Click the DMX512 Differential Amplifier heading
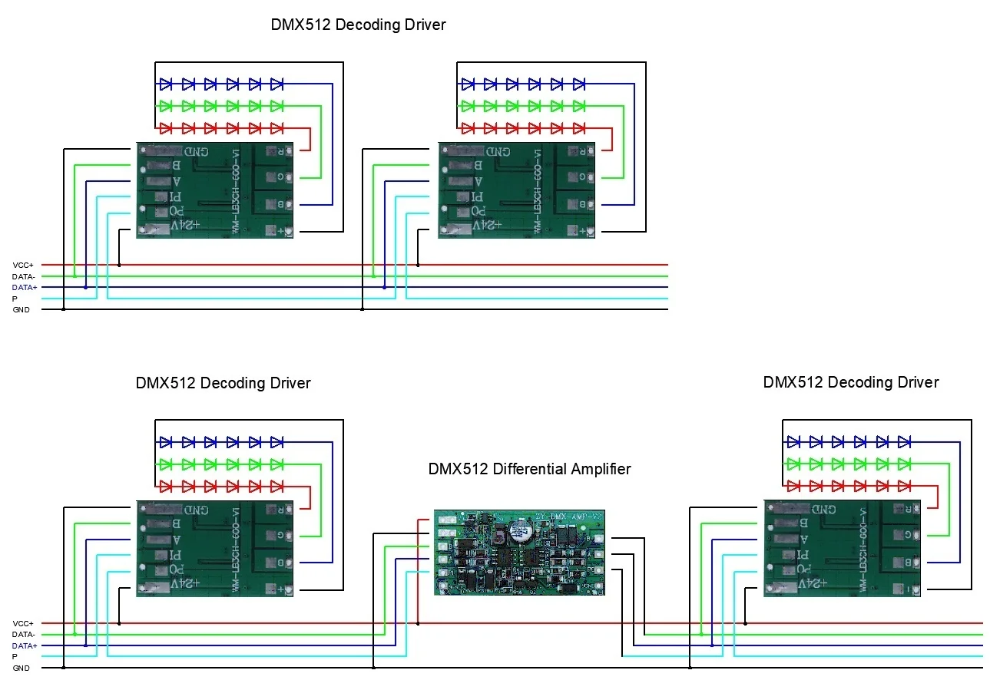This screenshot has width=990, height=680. [x=529, y=469]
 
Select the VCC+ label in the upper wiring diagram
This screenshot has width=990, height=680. [x=22, y=265]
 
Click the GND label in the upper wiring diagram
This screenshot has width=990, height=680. [x=21, y=310]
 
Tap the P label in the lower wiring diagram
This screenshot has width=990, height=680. [x=15, y=657]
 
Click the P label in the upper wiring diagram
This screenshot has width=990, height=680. [x=15, y=299]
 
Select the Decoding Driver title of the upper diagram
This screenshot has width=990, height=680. [x=358, y=25]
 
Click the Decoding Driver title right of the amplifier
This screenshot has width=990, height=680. [x=850, y=382]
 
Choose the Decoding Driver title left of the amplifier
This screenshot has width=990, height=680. [x=223, y=383]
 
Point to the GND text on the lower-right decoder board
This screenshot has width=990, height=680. [x=823, y=509]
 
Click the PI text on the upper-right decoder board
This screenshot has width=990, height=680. [x=474, y=196]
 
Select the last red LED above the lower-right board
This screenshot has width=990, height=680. [x=904, y=486]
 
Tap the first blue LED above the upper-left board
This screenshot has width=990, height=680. [x=166, y=83]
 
